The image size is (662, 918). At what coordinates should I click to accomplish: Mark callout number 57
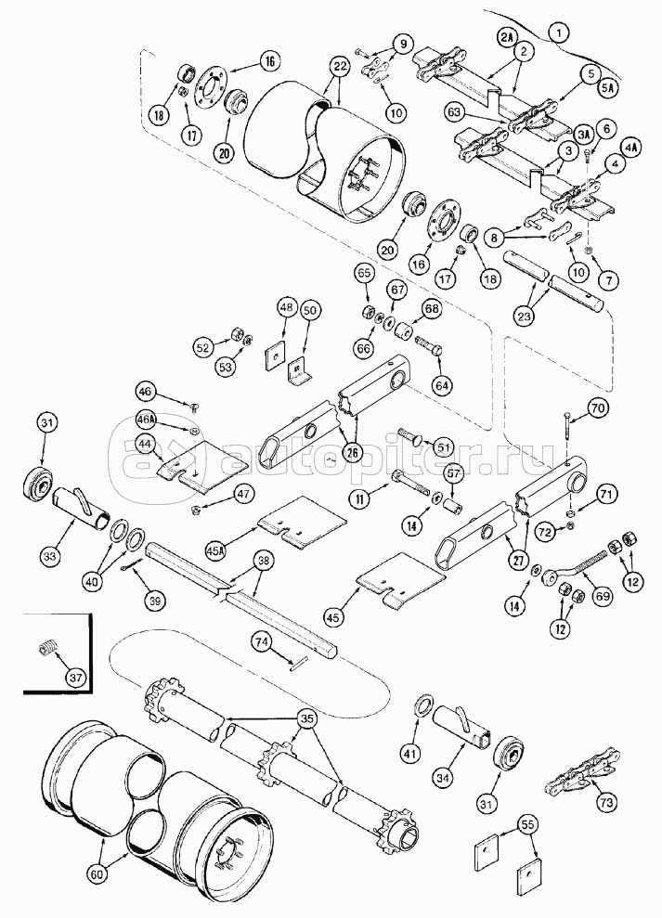pos(455,475)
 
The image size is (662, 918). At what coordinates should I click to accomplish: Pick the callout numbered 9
pos(403,44)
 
